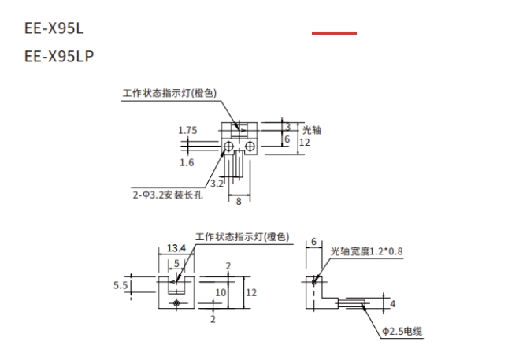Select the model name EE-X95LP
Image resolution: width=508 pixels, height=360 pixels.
point(58,57)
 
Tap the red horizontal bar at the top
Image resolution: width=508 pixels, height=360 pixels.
point(334,33)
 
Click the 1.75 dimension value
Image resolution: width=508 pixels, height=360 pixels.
point(187,130)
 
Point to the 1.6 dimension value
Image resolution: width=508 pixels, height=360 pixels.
point(187,162)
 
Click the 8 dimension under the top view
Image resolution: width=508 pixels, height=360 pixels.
point(239,202)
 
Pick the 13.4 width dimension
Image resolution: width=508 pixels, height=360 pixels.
point(176,249)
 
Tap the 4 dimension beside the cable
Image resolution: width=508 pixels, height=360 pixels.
point(393,302)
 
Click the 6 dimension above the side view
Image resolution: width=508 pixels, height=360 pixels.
point(313,242)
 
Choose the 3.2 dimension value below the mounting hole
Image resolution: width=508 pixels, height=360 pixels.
point(217,183)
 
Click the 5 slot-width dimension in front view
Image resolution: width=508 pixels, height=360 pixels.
point(178,263)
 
